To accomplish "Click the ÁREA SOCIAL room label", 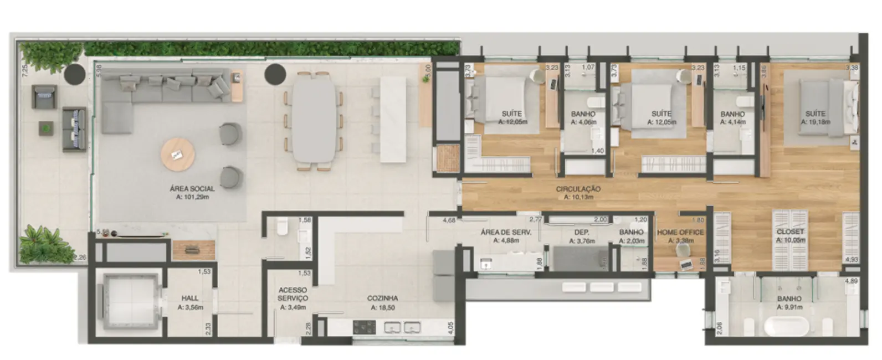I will click(192, 189).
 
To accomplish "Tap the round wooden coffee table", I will click(177, 155).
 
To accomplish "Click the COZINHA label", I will click(382, 299).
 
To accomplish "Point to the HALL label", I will click(190, 299).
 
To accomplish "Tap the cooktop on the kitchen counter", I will click(364, 327).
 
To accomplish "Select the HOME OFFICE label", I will click(680, 233).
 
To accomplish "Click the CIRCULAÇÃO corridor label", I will click(578, 189).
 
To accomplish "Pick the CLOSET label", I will click(790, 232).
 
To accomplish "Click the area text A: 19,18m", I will click(815, 121).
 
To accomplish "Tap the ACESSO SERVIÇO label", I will click(293, 294).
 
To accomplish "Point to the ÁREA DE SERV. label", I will click(506, 233).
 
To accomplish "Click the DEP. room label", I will click(581, 233).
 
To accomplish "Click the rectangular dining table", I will click(314, 119).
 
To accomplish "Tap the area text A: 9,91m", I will click(789, 306).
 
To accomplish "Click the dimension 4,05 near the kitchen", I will click(450, 327).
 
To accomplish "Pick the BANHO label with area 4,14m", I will click(732, 114).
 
